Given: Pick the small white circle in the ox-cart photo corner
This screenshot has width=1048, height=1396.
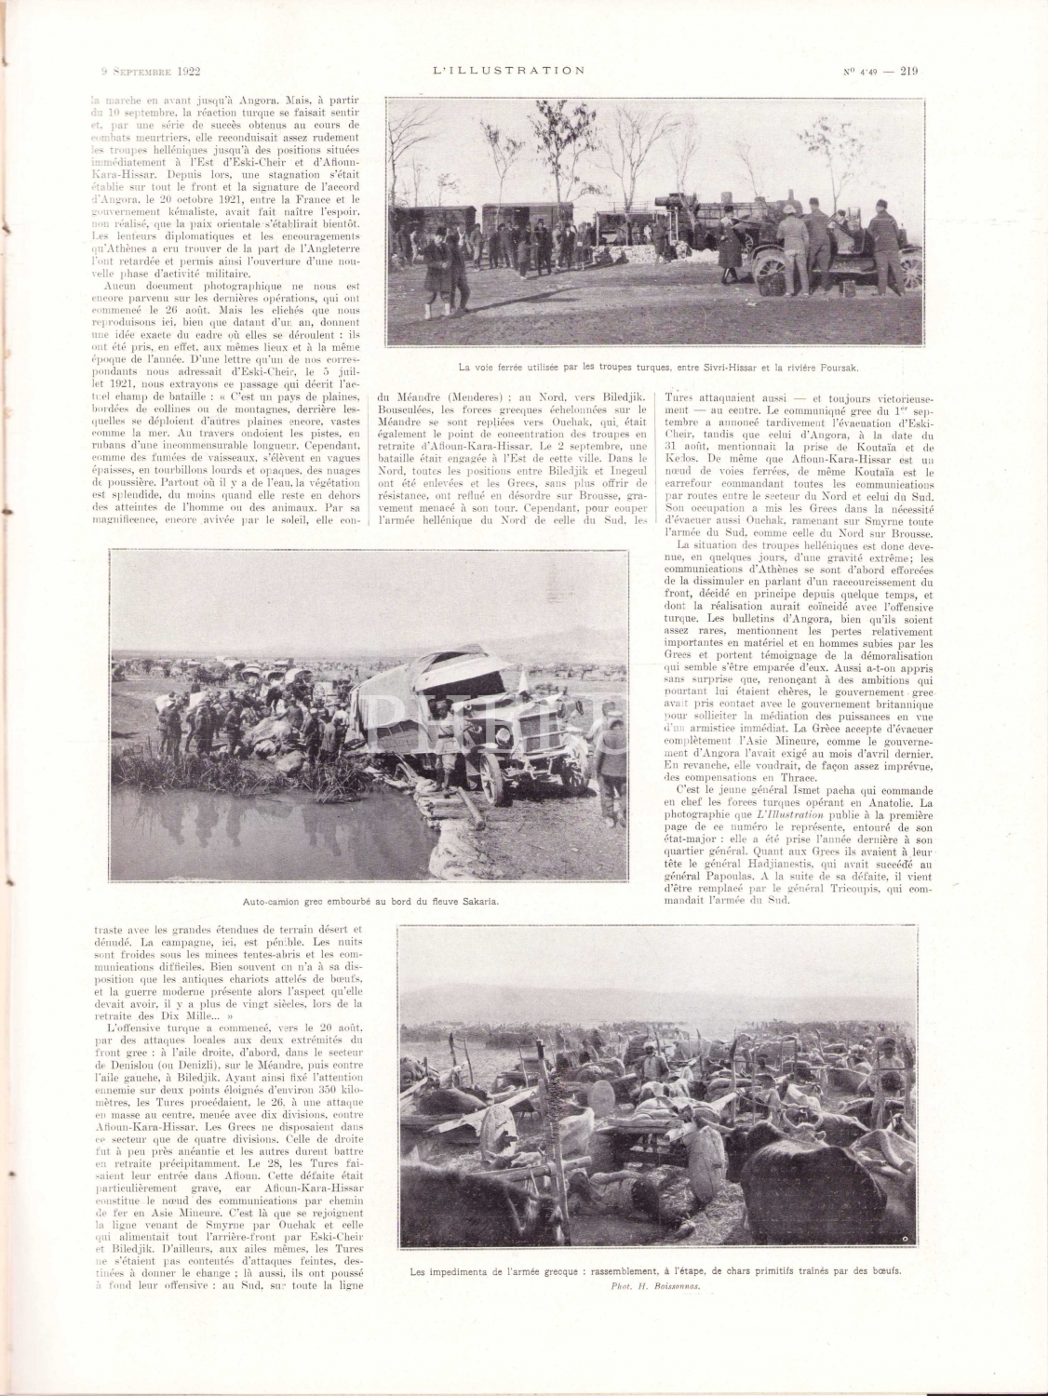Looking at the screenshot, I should (905, 1239).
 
